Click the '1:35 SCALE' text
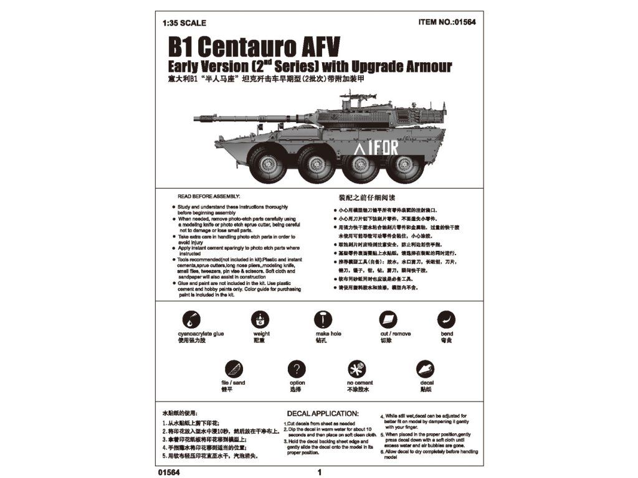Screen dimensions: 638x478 (x=184, y=23)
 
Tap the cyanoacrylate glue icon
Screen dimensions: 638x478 (x=191, y=319)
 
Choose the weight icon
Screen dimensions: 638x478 (x=260, y=319)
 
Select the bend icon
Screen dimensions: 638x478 (x=446, y=319)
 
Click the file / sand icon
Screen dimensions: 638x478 (x=232, y=369)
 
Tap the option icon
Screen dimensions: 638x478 (x=297, y=369)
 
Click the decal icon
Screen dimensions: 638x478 (x=426, y=369)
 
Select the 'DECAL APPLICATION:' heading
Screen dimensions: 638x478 (x=322, y=413)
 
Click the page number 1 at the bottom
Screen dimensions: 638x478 (x=320, y=472)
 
